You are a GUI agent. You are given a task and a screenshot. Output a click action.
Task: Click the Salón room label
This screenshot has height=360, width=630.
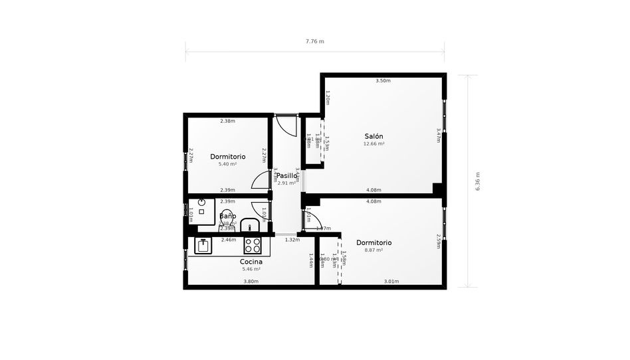point(373,136)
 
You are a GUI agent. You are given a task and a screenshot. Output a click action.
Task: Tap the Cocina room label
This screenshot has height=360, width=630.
point(251,262)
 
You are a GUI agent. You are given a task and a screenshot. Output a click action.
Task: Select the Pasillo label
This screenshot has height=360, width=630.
point(287,176)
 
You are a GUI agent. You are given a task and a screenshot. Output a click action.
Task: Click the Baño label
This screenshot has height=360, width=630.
point(227,217)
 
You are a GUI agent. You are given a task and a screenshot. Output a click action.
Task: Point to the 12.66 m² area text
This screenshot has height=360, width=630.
point(373,143)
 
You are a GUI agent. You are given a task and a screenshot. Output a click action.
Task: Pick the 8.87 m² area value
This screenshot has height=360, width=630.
point(373,250)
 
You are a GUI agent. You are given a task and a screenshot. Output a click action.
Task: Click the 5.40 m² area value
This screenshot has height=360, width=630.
point(227,164)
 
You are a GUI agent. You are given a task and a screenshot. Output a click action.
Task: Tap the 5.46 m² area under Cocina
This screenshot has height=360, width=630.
point(251,269)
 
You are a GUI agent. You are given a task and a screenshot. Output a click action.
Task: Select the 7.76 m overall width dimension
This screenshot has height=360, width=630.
point(314,41)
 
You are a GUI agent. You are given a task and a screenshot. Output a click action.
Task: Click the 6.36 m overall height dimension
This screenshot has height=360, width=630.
point(477,181)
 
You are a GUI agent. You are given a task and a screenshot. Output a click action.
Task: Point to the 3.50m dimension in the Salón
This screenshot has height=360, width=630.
point(383,81)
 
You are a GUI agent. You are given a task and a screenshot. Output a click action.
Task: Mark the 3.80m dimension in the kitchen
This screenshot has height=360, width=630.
point(251,282)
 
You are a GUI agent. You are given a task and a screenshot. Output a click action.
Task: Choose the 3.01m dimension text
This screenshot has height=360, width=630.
point(391,282)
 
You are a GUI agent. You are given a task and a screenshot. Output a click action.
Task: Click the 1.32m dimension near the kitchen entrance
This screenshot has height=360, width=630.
point(292,240)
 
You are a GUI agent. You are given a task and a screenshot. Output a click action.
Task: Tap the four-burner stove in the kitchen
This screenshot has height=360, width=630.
point(253,246)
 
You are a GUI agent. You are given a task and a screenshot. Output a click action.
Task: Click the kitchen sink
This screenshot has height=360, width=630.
point(203,246)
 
